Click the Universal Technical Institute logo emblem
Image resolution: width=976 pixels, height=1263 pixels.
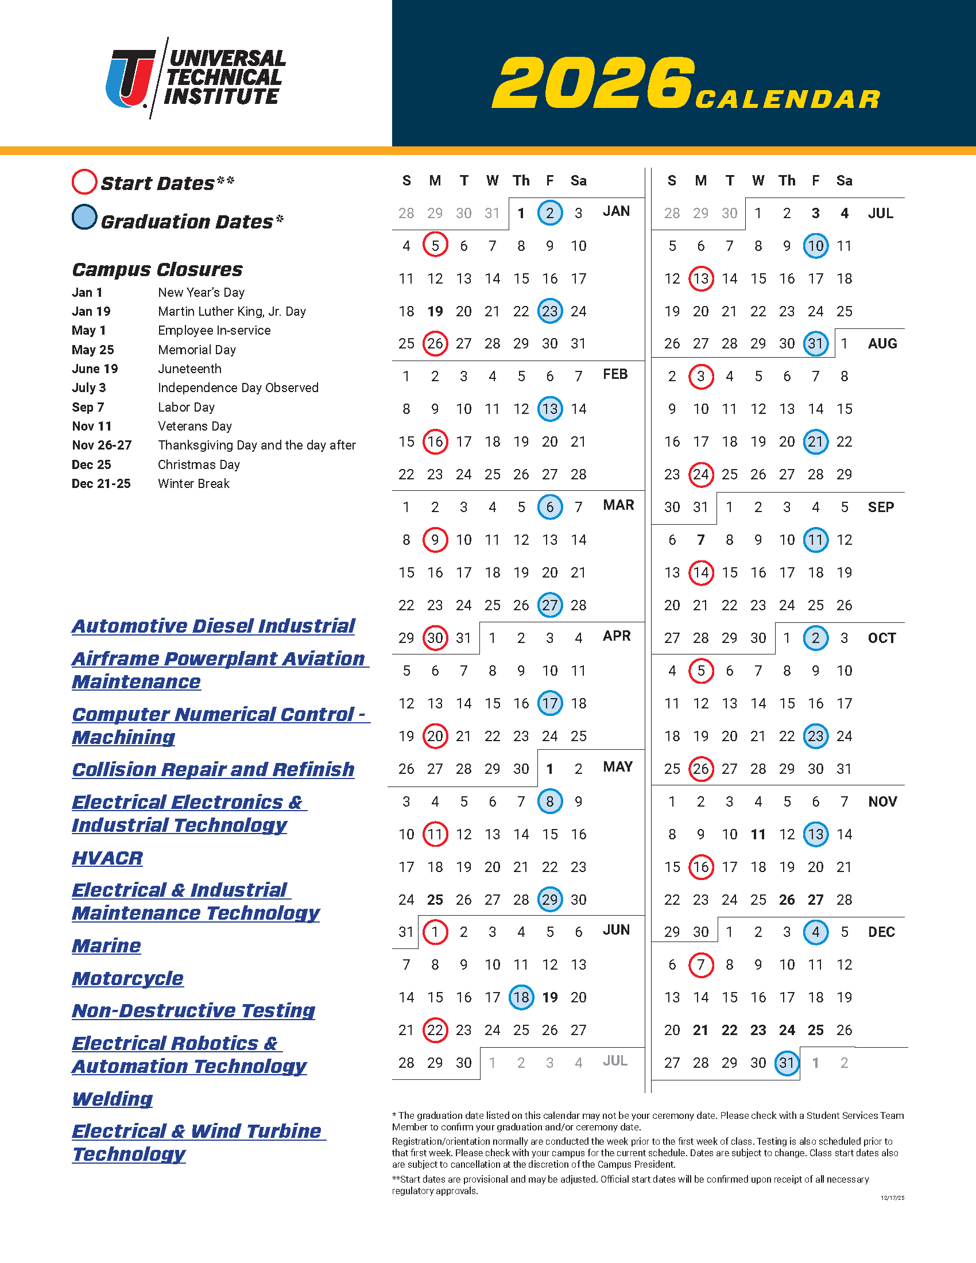tap(131, 79)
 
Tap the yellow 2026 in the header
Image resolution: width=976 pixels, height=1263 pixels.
tap(593, 83)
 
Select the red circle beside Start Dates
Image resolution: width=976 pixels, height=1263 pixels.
tap(84, 181)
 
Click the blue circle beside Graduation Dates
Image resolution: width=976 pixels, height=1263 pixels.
tap(84, 218)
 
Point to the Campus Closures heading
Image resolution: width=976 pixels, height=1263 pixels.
tap(157, 269)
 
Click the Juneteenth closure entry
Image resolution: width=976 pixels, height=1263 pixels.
tap(189, 369)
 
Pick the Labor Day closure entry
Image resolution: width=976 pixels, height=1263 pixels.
tap(186, 407)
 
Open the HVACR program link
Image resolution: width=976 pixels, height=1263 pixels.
tap(107, 858)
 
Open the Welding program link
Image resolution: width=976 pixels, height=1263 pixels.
tap(112, 1099)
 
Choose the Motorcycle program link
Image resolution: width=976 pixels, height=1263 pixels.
tap(128, 978)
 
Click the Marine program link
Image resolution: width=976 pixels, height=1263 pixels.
tap(106, 946)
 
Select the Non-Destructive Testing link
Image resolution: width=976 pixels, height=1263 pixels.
tap(193, 1011)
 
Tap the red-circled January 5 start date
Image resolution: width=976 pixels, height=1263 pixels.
tap(435, 246)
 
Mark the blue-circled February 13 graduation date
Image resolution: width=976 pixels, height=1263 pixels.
tap(550, 409)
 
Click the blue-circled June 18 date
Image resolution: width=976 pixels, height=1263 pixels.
tap(521, 998)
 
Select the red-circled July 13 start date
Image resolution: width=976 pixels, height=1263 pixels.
tap(701, 279)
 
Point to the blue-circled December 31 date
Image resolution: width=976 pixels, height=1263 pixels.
tap(787, 1063)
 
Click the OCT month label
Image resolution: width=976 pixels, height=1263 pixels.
tap(882, 638)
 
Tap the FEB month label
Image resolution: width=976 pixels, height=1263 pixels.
tap(615, 375)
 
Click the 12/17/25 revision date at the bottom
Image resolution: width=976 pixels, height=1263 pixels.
tap(892, 1198)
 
